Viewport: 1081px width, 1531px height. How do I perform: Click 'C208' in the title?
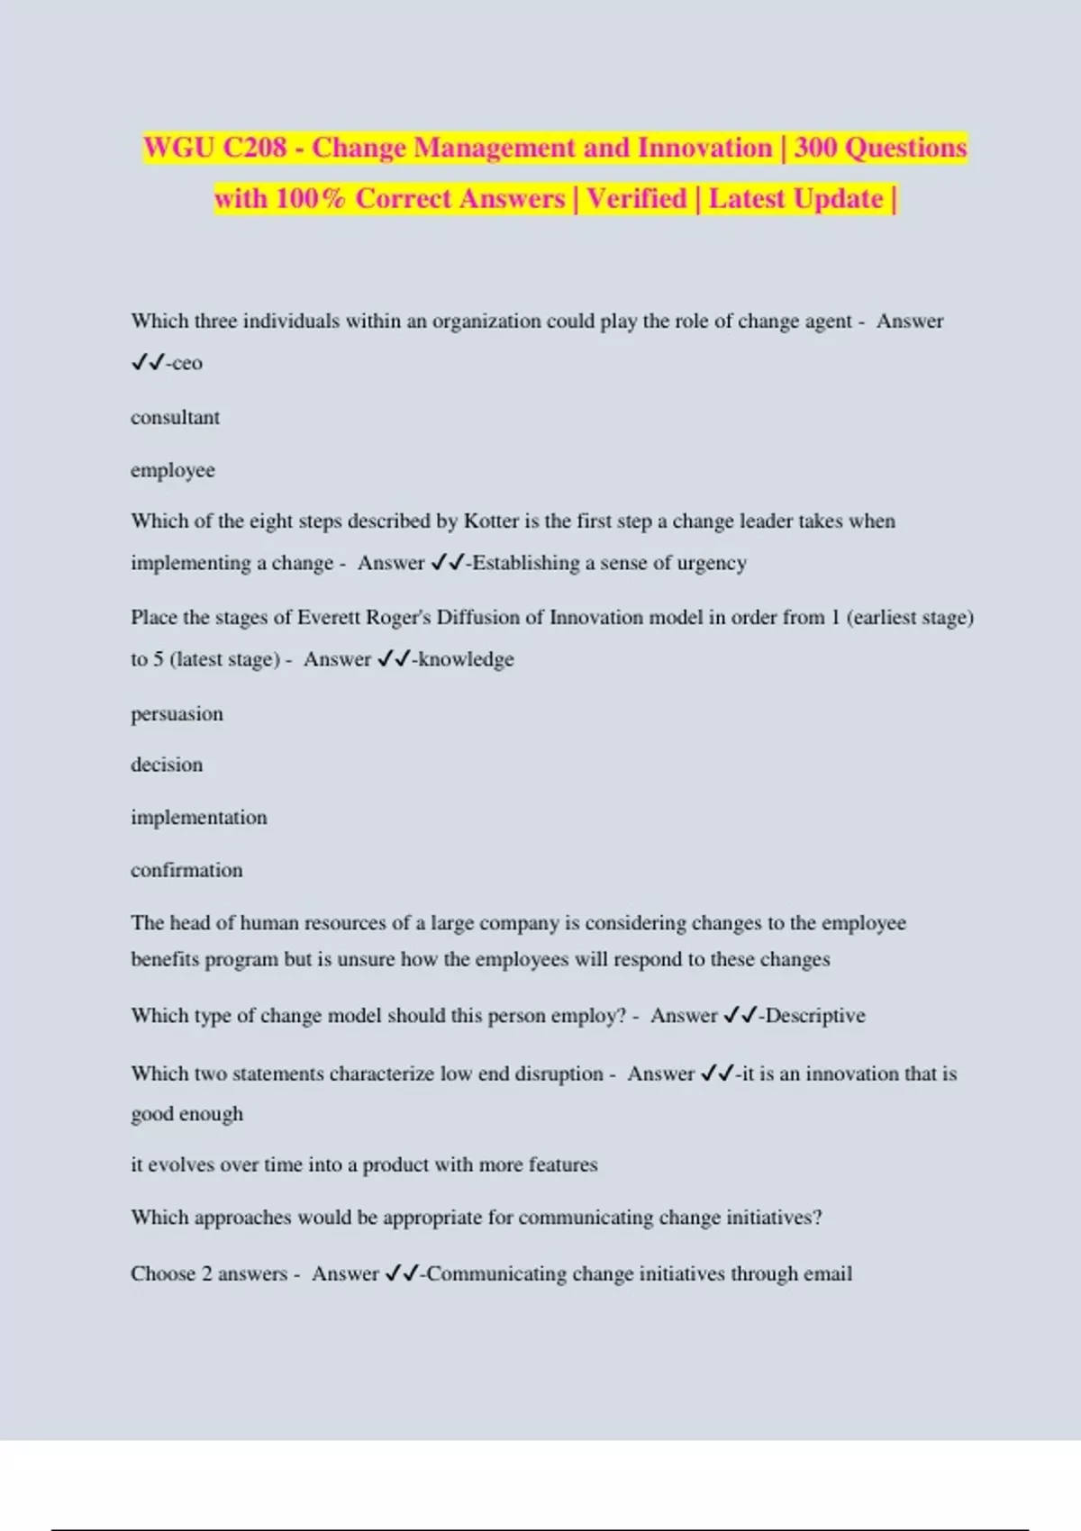255,148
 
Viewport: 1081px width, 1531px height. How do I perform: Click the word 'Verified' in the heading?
636,198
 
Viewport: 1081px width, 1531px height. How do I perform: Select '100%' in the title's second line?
310,198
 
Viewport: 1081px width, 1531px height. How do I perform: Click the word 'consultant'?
175,417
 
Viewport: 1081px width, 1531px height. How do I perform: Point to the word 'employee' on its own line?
172,470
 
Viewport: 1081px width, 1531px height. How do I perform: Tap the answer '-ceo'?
184,363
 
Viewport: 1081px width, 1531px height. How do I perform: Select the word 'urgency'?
712,563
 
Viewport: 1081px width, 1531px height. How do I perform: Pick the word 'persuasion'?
177,714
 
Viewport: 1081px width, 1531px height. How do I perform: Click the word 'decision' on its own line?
167,765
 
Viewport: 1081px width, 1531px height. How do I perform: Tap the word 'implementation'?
198,817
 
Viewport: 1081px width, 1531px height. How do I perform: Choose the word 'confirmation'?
186,870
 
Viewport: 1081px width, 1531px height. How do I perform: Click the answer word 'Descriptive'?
814,1015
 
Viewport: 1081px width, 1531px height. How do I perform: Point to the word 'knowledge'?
465,659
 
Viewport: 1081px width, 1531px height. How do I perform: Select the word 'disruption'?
559,1074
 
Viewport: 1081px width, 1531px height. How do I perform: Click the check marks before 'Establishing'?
448,563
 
